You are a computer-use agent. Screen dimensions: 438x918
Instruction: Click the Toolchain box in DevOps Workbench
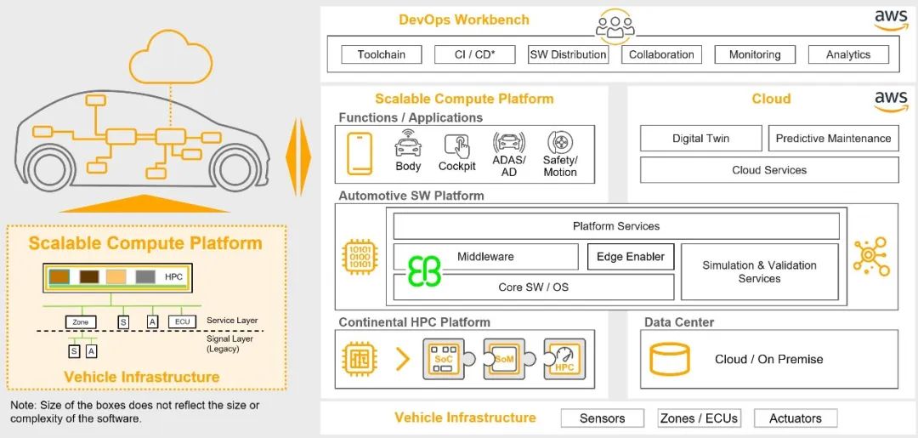pyautogui.click(x=381, y=54)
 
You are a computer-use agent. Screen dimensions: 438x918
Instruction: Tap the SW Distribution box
pyautogui.click(x=568, y=54)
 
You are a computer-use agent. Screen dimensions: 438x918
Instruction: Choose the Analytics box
pyautogui.click(x=848, y=54)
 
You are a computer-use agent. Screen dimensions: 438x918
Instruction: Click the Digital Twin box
pyautogui.click(x=700, y=139)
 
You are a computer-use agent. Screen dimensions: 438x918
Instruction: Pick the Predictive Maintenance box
pyautogui.click(x=833, y=139)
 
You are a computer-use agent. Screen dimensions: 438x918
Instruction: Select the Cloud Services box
pyautogui.click(x=768, y=170)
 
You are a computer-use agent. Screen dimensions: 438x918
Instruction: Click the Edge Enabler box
pyautogui.click(x=631, y=257)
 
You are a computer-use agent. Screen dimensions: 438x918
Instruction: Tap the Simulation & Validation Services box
pyautogui.click(x=759, y=272)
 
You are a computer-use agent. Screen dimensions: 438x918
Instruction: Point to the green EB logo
pyautogui.click(x=424, y=271)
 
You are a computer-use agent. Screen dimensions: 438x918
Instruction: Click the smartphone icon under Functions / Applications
pyautogui.click(x=360, y=154)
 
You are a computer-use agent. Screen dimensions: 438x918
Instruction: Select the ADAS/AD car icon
pyautogui.click(x=508, y=144)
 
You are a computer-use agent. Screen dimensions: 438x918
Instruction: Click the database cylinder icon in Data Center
pyautogui.click(x=670, y=359)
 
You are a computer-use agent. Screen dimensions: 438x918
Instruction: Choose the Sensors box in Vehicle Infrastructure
pyautogui.click(x=602, y=418)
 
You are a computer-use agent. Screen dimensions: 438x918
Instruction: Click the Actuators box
pyautogui.click(x=795, y=418)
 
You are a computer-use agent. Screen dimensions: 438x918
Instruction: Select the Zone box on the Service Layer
pyautogui.click(x=81, y=322)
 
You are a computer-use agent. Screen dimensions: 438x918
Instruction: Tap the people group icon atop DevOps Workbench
pyautogui.click(x=615, y=26)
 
